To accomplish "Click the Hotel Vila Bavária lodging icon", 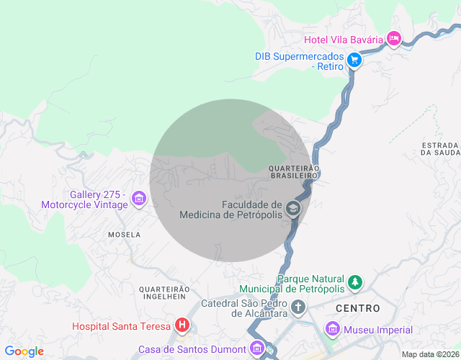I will click(393, 39).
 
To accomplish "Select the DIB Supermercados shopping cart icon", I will click(354, 60).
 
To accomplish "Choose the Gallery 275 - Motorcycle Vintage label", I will click(99, 199).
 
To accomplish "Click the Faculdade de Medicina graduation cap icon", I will click(292, 209).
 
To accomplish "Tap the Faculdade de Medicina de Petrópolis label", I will click(231, 209).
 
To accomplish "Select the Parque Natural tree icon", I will click(354, 283).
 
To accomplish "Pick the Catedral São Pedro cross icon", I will click(298, 308).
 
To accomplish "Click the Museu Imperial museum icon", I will click(333, 330).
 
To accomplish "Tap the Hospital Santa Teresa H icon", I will click(183, 326).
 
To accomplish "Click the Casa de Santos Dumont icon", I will click(257, 349).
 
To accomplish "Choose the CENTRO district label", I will click(357, 308).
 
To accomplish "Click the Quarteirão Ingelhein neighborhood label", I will click(164, 293).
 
